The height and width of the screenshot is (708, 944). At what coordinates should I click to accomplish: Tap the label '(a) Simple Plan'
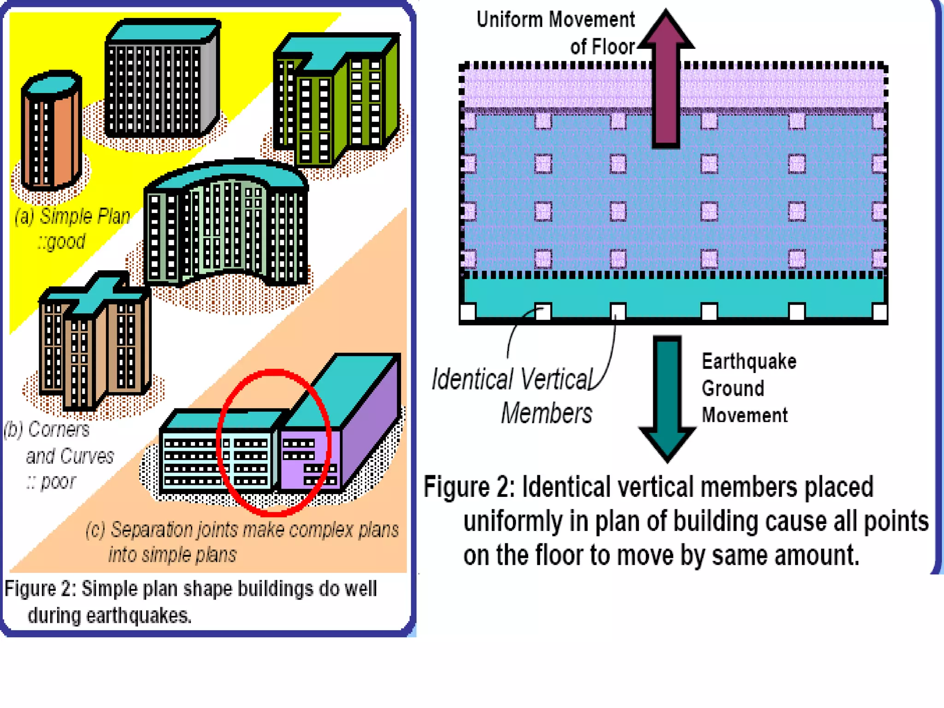tap(72, 216)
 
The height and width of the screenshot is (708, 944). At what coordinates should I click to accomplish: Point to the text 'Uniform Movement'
tap(555, 20)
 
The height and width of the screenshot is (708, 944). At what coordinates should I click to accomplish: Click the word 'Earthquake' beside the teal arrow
tap(749, 361)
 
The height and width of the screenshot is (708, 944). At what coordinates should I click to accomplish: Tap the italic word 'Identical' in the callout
tap(472, 380)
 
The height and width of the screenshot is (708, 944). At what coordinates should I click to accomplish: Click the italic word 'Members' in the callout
tap(547, 413)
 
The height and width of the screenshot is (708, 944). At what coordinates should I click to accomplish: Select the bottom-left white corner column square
tap(468, 312)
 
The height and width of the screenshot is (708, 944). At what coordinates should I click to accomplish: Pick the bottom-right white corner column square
tap(879, 312)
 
